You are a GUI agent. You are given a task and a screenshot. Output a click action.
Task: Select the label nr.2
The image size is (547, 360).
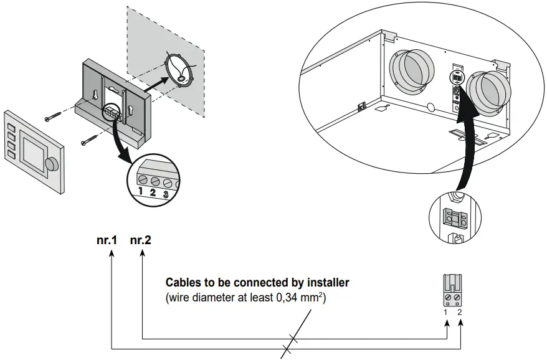point(140,239)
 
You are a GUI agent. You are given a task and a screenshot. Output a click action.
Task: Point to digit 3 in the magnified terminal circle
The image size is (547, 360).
point(166,194)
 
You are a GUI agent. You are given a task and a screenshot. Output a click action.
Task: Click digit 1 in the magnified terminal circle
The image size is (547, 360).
point(141,190)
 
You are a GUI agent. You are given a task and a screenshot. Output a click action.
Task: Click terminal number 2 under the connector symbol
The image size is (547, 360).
point(460,312)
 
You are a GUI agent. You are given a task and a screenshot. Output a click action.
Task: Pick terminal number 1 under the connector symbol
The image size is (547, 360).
point(446,312)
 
